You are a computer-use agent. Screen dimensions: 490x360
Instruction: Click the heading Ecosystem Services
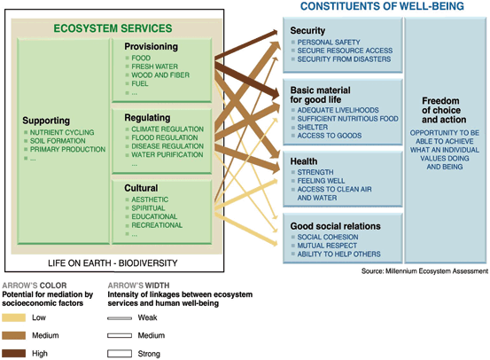tap(113, 28)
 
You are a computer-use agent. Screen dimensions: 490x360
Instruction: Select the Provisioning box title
tap(152, 46)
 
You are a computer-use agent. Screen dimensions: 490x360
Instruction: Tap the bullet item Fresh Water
tap(154, 67)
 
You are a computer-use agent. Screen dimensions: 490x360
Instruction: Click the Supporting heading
tap(46, 121)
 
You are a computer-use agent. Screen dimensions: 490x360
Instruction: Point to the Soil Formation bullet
tap(58, 141)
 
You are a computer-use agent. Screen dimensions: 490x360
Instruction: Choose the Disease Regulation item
tap(167, 146)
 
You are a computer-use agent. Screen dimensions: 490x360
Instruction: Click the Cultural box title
tap(141, 188)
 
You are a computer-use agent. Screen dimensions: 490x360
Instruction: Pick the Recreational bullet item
tap(157, 225)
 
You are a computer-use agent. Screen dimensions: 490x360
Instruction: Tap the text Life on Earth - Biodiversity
tap(113, 263)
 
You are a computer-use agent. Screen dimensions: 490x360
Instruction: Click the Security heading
tap(307, 30)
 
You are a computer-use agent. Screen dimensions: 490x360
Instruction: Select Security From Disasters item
tap(344, 59)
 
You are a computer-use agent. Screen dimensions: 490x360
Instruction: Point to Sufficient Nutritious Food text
tap(348, 119)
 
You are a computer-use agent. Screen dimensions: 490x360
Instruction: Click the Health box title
tap(304, 161)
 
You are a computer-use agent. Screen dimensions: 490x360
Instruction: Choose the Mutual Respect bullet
tap(327, 246)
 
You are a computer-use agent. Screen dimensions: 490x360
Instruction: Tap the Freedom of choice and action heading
tap(444, 110)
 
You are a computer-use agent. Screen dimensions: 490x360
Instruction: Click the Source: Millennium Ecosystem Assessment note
tap(424, 270)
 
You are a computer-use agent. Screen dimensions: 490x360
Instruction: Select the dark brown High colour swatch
tap(14, 354)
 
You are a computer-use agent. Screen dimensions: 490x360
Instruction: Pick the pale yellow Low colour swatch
tap(14, 317)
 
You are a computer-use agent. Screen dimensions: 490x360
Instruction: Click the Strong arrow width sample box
tap(120, 354)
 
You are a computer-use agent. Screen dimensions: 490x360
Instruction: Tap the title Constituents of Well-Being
tap(382, 6)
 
